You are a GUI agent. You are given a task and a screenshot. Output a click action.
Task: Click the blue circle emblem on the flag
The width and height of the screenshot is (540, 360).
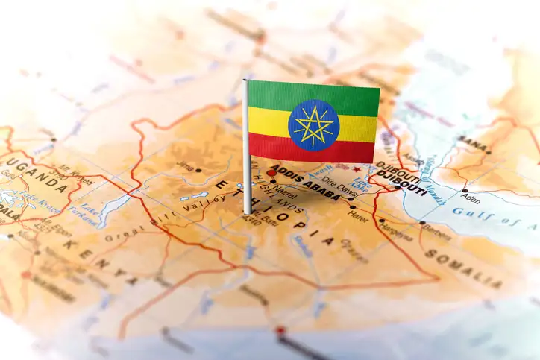(x=314, y=125)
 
